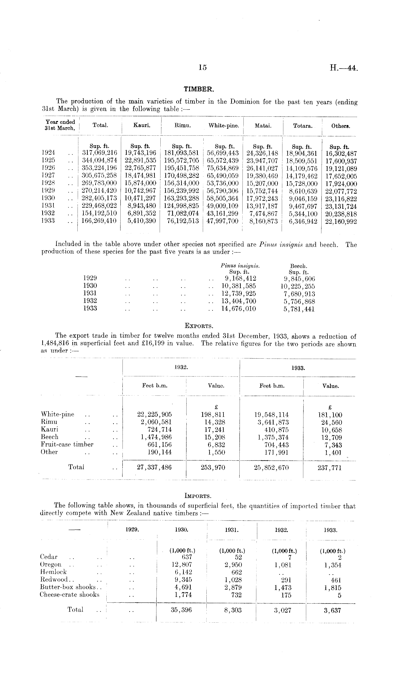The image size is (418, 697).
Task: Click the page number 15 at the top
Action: (202, 68)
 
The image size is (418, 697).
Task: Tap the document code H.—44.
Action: (344, 68)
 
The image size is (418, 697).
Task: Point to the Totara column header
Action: (303, 126)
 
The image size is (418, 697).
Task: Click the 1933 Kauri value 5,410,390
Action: (142, 221)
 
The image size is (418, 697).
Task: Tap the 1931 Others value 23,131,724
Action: (341, 206)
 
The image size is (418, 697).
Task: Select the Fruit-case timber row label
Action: (67, 445)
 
